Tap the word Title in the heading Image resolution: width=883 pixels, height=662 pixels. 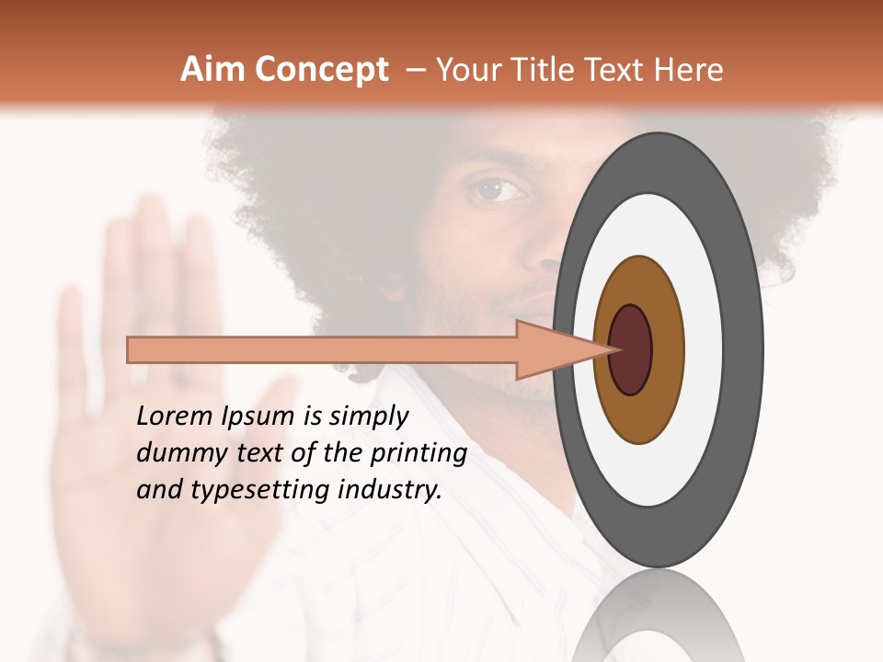[551, 70]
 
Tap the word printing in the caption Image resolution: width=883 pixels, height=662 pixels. [418, 454]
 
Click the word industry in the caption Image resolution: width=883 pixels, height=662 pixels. [390, 490]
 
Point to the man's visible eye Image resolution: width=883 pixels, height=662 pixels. [498, 189]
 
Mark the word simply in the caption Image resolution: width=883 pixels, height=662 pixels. [367, 417]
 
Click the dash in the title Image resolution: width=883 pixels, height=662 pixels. [415, 70]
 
